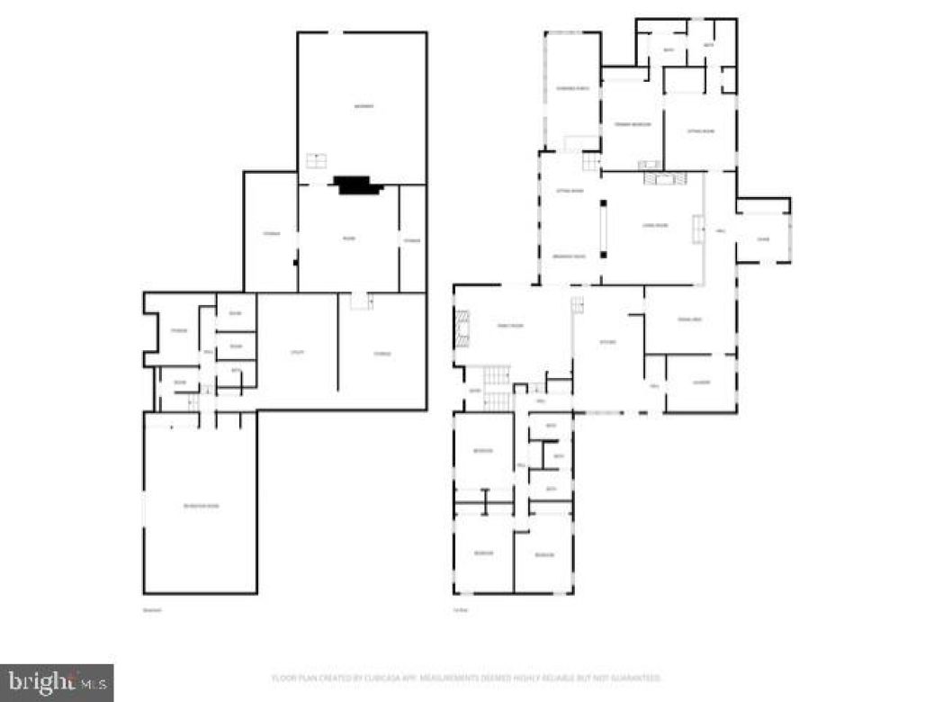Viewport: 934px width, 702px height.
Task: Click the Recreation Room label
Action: pos(201,506)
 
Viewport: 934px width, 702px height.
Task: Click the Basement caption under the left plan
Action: pos(150,611)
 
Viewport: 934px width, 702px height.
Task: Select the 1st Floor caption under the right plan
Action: pos(460,611)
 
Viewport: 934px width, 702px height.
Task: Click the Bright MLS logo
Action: pos(56,682)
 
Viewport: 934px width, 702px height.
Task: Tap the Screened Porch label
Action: pos(571,88)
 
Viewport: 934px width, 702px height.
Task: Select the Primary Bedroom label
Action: pos(632,124)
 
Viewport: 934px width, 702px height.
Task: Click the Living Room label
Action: pos(654,225)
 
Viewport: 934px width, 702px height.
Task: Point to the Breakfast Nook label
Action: pos(570,256)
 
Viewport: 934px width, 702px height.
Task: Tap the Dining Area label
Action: pos(688,319)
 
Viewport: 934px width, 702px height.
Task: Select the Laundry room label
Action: pos(701,382)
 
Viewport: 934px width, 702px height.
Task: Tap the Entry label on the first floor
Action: pos(473,391)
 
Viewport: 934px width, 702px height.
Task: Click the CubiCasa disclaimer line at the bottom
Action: pos(466,677)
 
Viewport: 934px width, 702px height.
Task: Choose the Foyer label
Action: pos(762,238)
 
